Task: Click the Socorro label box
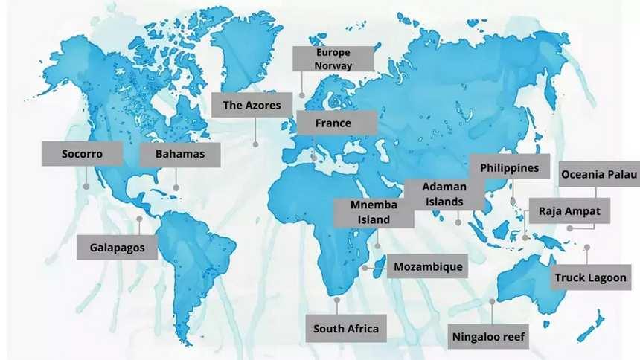coord(82,155)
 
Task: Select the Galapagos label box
coord(118,247)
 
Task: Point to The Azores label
coord(252,105)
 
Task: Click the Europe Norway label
coord(333,59)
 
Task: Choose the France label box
coord(333,123)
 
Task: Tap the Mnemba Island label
coord(373,212)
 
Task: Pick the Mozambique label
coord(428,266)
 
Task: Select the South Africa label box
coord(346,328)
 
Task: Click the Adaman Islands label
coord(443,194)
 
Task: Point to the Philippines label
coord(510,167)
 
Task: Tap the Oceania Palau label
coord(599,174)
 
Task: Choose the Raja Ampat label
coord(569,210)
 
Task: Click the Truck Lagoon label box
coord(592,277)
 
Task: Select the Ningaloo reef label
coord(489,336)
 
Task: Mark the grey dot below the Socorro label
coord(86,187)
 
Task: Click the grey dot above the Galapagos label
coord(139,219)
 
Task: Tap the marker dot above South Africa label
coord(337,300)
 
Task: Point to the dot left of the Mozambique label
coord(364,266)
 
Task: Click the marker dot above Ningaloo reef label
coord(492,301)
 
